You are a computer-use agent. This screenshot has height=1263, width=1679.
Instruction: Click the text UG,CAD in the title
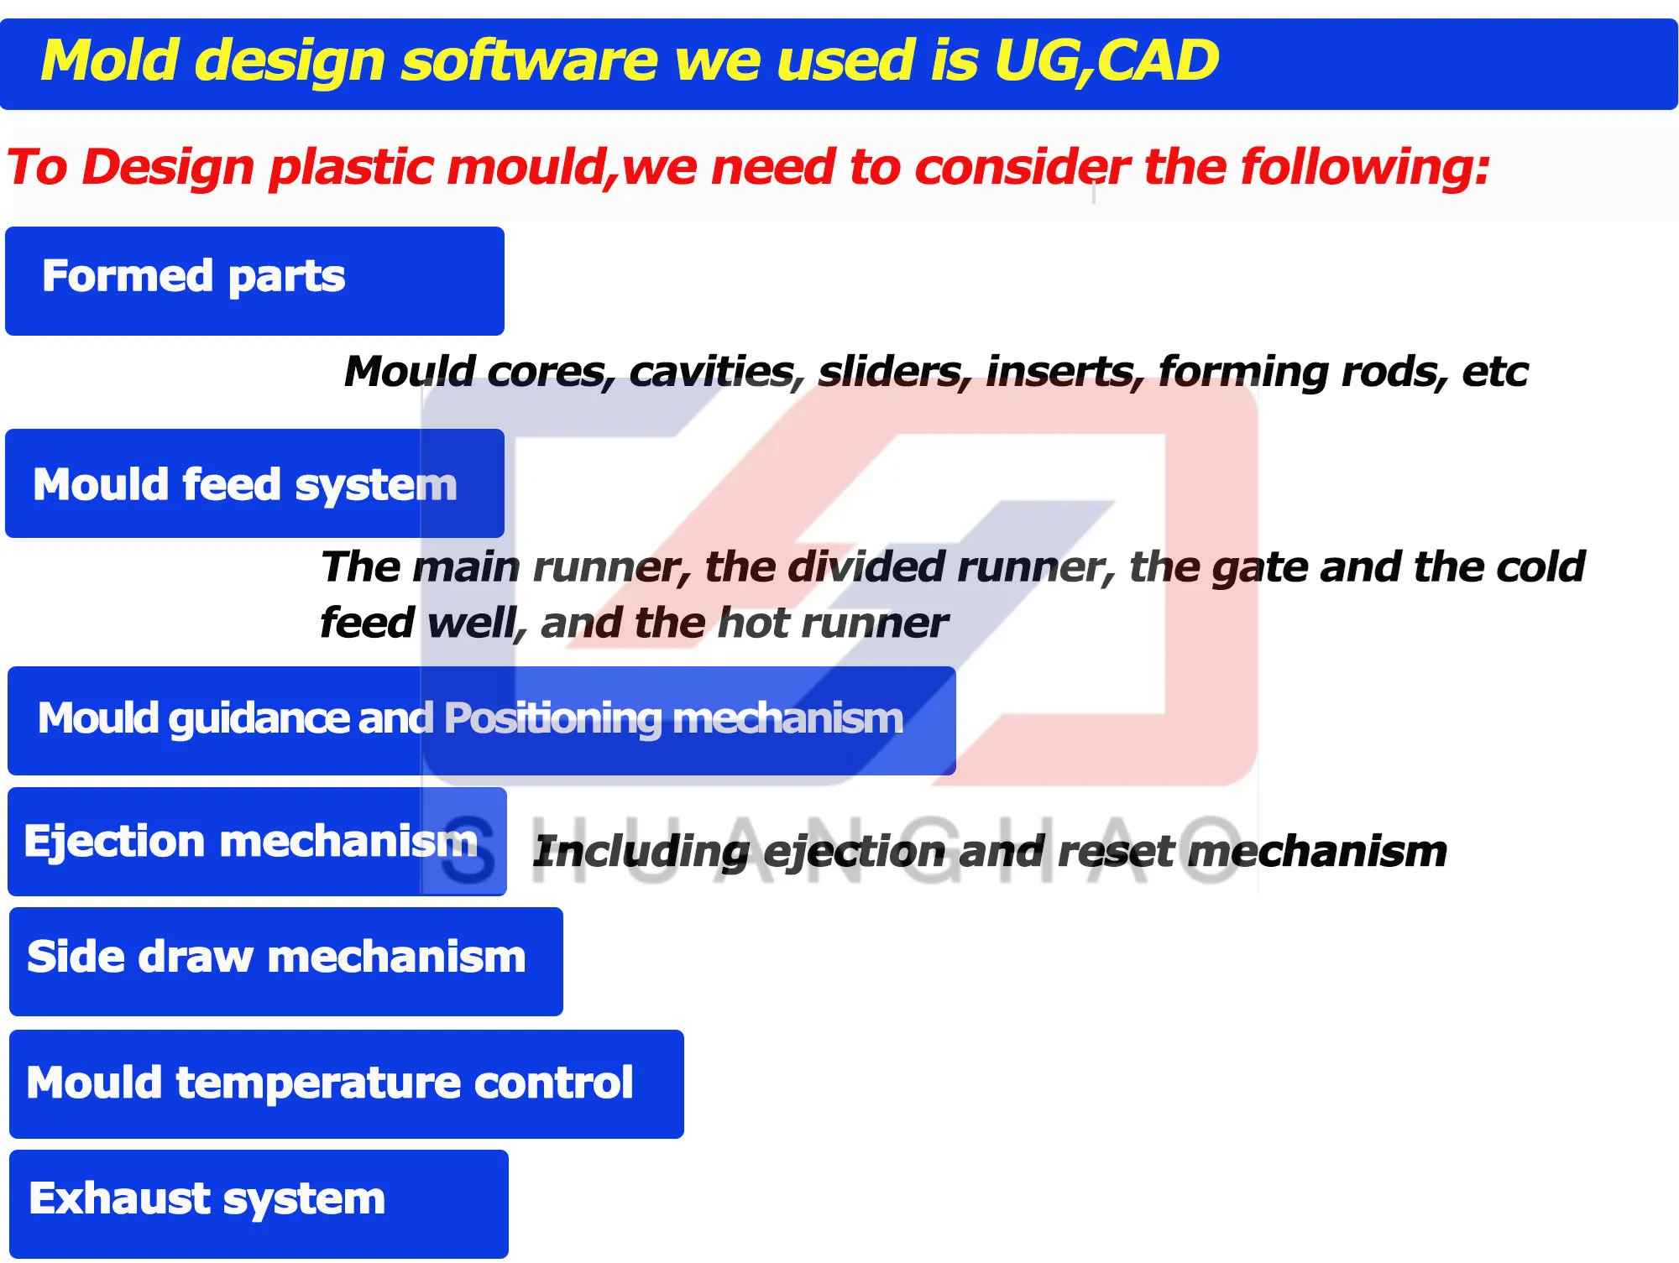1106,61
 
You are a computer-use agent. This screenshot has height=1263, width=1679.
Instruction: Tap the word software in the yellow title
529,61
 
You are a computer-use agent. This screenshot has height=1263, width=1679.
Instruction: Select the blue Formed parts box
254,281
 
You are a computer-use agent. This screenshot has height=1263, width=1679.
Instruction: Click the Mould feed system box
254,483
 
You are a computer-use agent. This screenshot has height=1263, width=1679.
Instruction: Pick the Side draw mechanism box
285,961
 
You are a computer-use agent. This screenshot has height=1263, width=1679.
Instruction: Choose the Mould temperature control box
346,1083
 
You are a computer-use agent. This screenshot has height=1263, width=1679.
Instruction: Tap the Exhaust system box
259,1203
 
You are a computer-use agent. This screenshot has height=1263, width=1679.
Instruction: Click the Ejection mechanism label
250,841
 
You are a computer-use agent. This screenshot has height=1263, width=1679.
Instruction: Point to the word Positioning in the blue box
552,718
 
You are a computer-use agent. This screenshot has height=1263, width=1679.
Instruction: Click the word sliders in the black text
893,371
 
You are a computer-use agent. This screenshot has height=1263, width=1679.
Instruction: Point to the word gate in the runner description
1258,568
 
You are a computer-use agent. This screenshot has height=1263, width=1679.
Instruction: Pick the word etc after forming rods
1494,371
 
